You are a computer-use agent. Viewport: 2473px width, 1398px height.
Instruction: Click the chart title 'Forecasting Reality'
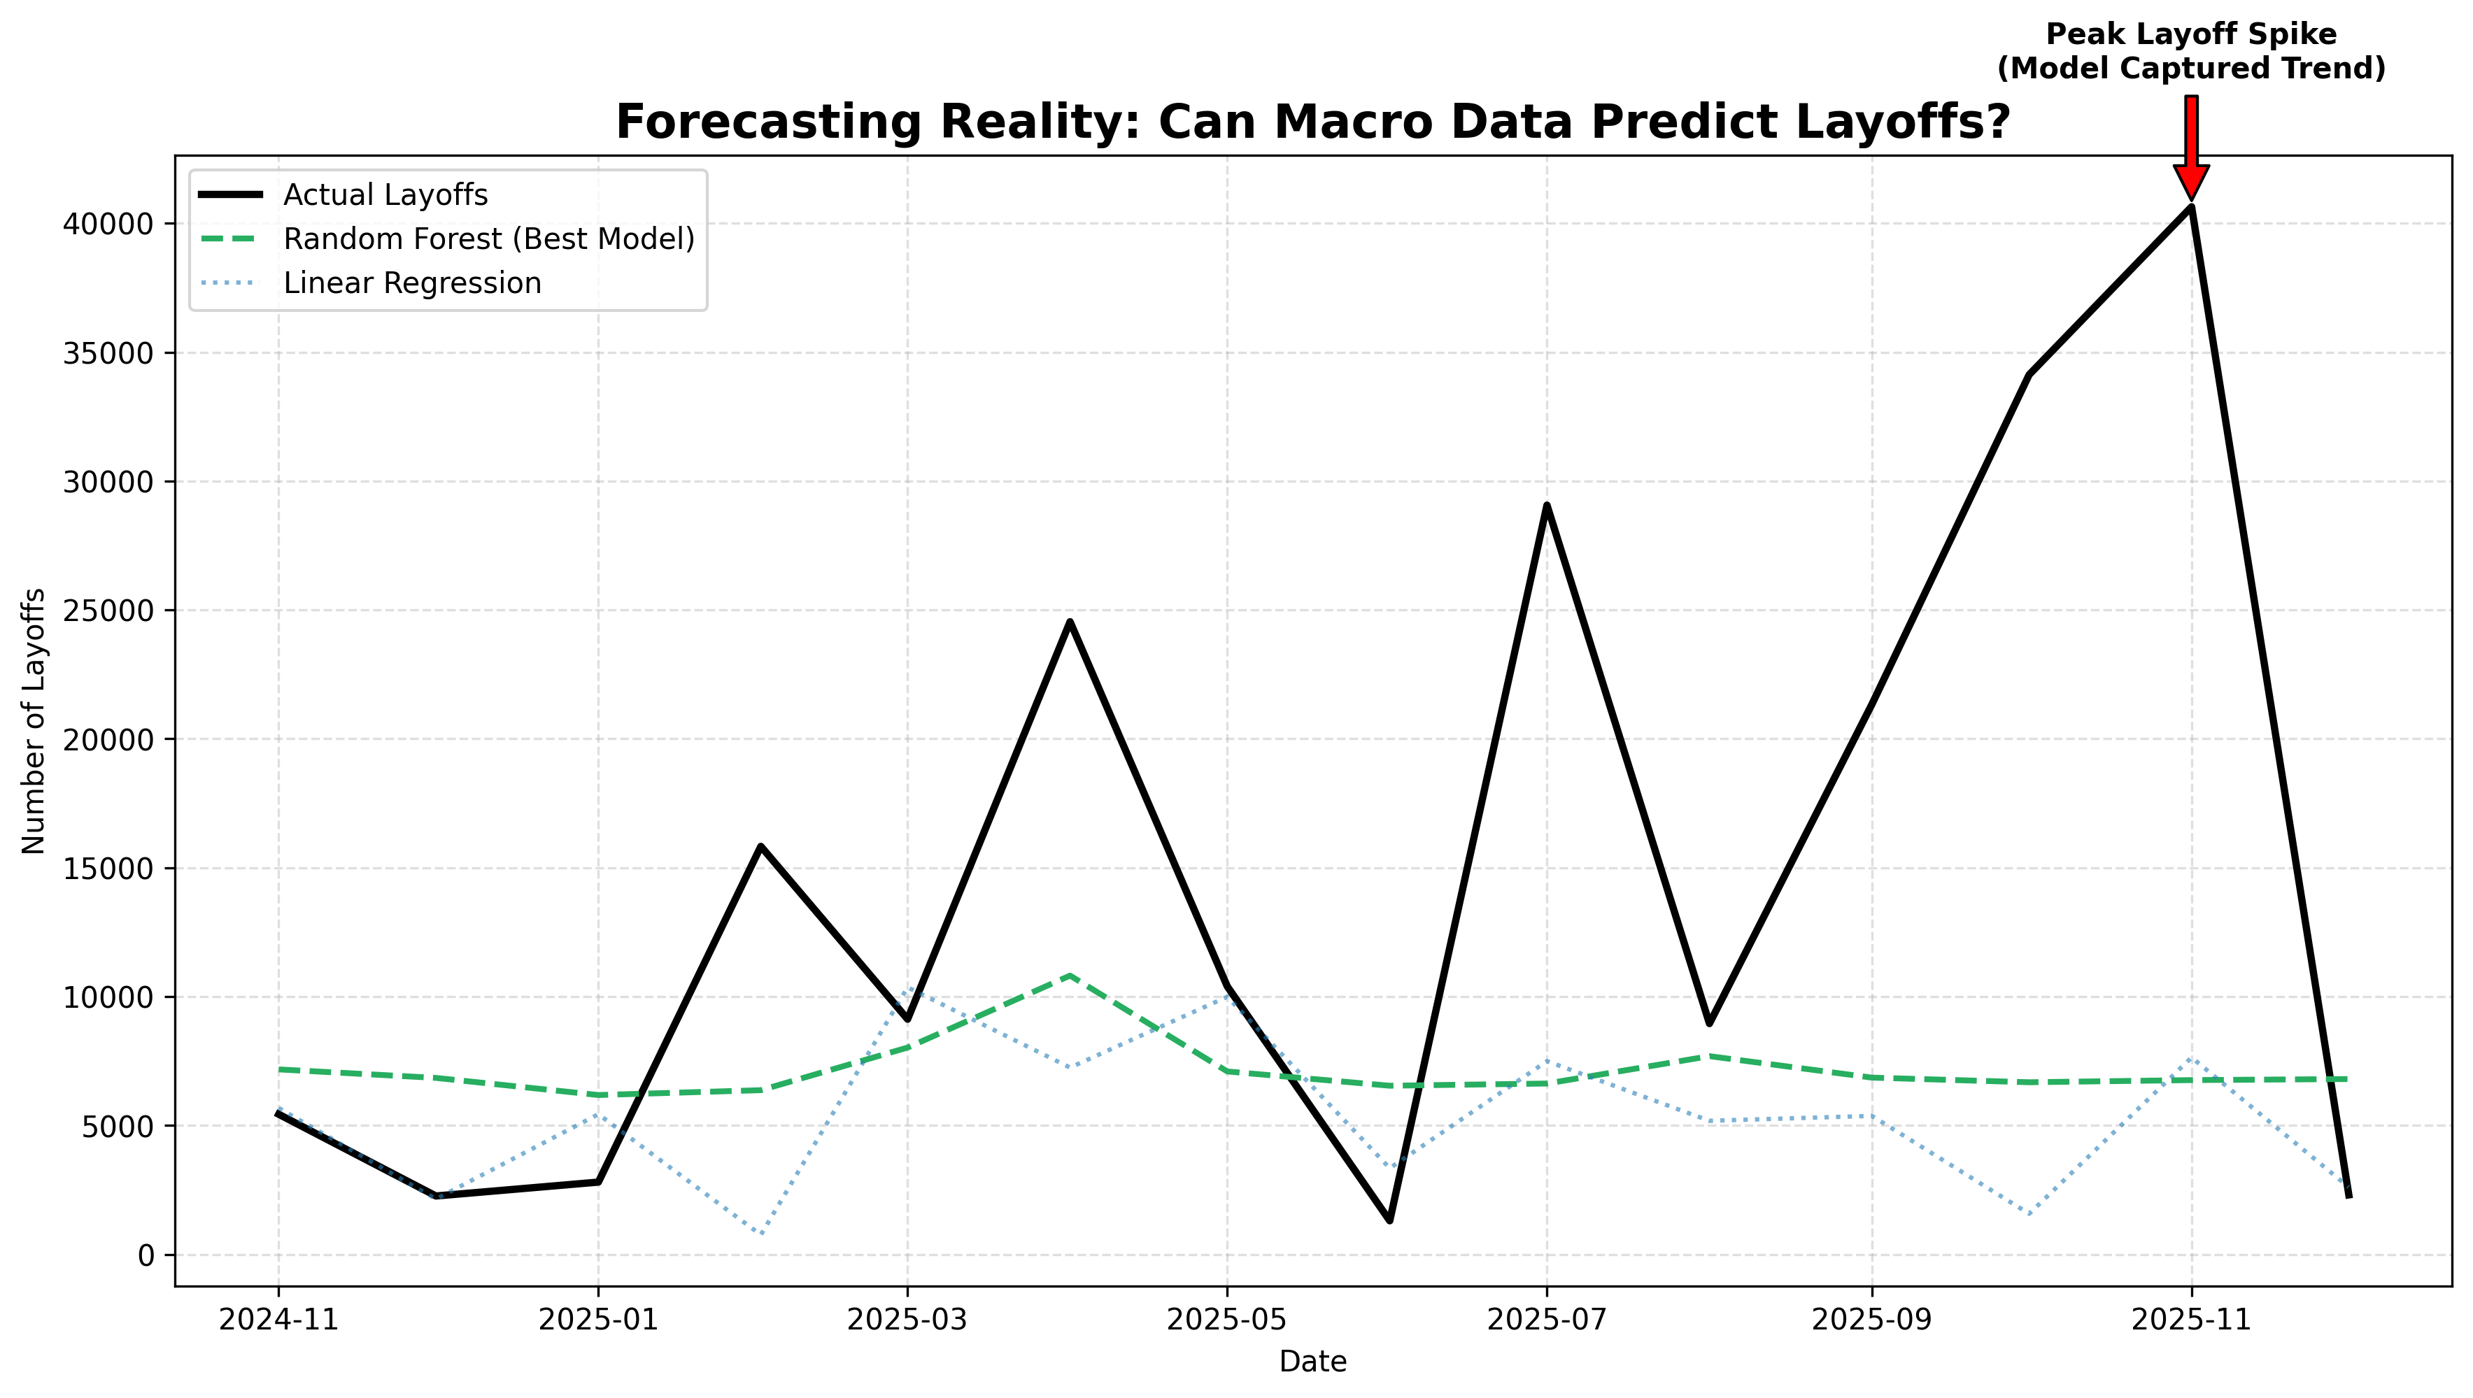[1312, 123]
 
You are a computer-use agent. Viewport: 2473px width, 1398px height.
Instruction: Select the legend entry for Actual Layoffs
[385, 195]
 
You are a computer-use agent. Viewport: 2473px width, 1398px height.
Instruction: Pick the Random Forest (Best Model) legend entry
[488, 239]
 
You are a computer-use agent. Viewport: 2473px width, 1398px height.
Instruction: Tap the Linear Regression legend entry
[412, 283]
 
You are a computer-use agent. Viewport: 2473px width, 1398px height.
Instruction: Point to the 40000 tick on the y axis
[108, 224]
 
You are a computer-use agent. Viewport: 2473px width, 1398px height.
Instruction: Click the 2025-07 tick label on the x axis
[1546, 1321]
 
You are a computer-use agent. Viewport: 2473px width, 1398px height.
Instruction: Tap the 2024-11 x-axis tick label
[278, 1321]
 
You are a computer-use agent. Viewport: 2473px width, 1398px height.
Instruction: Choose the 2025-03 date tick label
[907, 1321]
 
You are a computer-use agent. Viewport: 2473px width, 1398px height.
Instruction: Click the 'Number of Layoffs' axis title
[34, 720]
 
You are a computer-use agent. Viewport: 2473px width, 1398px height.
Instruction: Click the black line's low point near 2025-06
[1389, 1220]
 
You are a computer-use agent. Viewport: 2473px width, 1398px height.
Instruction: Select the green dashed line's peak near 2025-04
[1070, 976]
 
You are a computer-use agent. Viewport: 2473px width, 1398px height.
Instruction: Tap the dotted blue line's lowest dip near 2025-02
[760, 1234]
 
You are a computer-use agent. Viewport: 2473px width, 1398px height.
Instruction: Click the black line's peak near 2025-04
[1070, 621]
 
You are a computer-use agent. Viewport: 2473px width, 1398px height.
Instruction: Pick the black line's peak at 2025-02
[760, 846]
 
